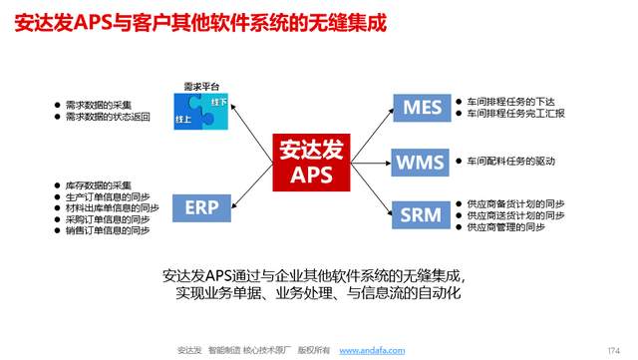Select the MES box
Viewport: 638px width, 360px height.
point(420,107)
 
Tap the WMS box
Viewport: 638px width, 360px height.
point(420,162)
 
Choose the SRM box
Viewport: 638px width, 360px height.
point(420,214)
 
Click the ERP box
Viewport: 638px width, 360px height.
point(202,207)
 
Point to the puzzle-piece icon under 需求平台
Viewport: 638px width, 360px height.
point(201,112)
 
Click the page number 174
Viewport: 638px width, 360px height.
point(613,349)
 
